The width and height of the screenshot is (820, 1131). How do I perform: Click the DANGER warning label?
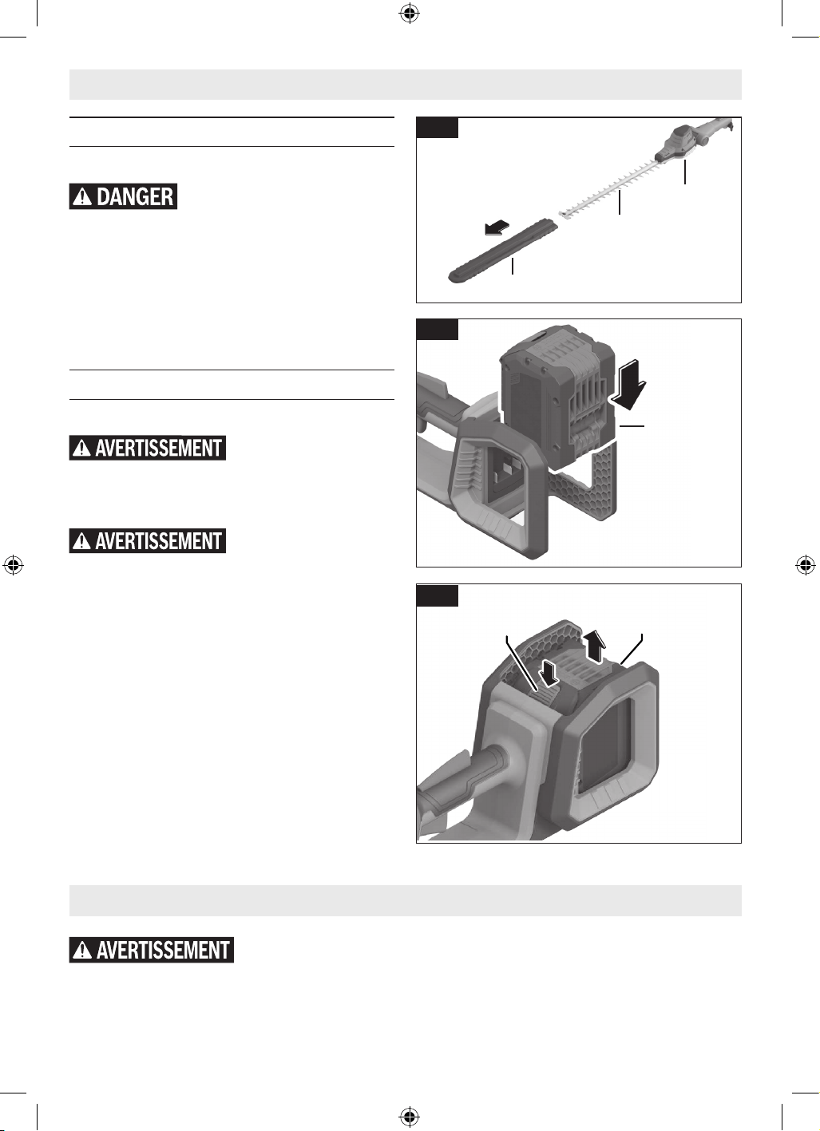point(123,196)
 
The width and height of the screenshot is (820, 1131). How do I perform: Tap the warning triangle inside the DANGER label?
point(82,197)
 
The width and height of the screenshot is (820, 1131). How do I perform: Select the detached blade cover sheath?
point(503,251)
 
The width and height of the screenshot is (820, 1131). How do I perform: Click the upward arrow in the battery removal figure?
point(595,647)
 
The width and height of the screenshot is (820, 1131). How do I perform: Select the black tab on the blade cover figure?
point(437,127)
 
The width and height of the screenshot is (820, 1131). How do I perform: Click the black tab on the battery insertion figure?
point(437,329)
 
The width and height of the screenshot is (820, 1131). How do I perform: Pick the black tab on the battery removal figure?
point(437,595)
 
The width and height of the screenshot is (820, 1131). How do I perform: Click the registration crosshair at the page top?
point(410,14)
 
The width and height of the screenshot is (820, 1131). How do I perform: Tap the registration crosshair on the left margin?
point(14,565)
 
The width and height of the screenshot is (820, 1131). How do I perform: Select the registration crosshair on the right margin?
point(806,565)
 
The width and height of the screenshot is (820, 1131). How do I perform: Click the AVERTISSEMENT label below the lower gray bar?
point(152,950)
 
